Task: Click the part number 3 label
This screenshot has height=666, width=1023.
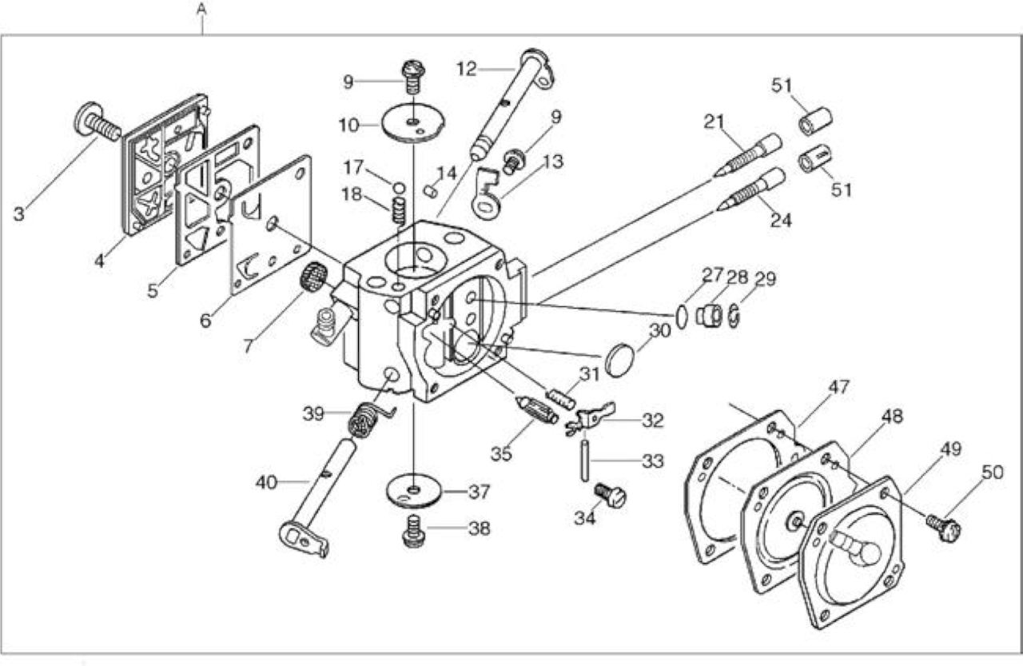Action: click(x=18, y=213)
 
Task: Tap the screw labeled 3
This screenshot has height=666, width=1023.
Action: click(x=97, y=121)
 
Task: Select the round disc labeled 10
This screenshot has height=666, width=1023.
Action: click(x=413, y=122)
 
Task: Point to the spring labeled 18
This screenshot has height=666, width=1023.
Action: click(x=400, y=212)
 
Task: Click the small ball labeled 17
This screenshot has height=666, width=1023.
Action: click(x=399, y=188)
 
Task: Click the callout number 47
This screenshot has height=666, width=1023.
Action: click(x=839, y=386)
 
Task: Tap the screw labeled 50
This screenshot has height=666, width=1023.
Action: click(x=944, y=527)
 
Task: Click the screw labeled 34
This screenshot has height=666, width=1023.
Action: click(x=610, y=495)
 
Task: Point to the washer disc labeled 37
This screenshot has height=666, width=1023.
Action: click(x=413, y=493)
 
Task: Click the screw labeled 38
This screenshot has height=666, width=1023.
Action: click(x=413, y=530)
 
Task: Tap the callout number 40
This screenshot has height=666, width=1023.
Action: click(x=266, y=482)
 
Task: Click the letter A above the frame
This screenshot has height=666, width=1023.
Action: click(x=201, y=10)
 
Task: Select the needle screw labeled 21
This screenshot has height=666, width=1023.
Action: click(x=748, y=155)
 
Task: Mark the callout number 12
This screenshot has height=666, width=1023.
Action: click(x=466, y=69)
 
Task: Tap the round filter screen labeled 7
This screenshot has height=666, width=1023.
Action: click(x=314, y=276)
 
